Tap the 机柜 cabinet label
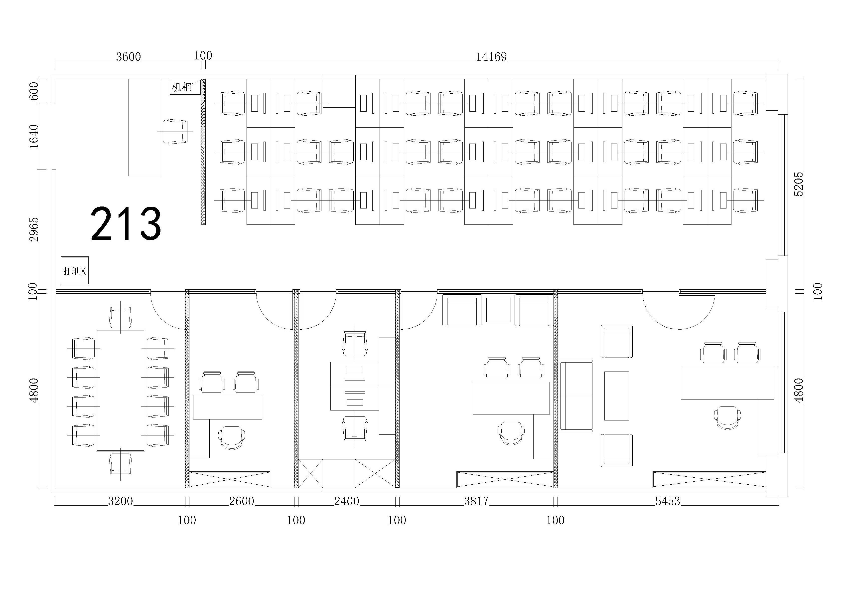[x=182, y=87]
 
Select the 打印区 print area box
[x=75, y=271]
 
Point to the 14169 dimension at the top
[x=492, y=57]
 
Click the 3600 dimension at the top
[x=128, y=57]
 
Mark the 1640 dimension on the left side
[x=34, y=136]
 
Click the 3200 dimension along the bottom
[x=120, y=501]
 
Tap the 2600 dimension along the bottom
[x=242, y=501]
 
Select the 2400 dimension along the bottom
[x=347, y=501]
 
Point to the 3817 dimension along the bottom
[x=476, y=501]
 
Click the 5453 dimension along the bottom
[x=668, y=501]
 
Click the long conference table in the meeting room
[x=121, y=391]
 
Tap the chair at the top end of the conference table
[x=121, y=317]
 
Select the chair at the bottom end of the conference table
[x=121, y=464]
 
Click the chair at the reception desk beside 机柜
[x=175, y=132]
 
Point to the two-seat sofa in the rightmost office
[x=576, y=396]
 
